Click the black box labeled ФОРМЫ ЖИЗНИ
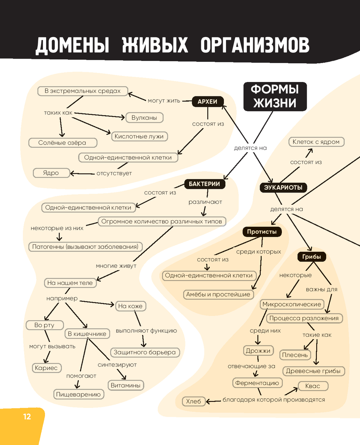275,96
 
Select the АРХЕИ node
207,102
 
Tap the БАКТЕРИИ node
204,184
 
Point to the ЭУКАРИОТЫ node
283,187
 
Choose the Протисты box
262,232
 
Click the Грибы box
311,256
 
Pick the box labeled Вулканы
144,118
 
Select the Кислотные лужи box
139,136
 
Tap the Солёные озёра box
62,143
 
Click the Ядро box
51,173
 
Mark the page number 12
27,417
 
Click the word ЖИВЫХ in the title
155,45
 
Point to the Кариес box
46,368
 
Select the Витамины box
125,385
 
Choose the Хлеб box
193,401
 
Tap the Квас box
312,386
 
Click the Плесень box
295,355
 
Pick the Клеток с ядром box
316,142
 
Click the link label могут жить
164,101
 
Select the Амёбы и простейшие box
218,294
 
